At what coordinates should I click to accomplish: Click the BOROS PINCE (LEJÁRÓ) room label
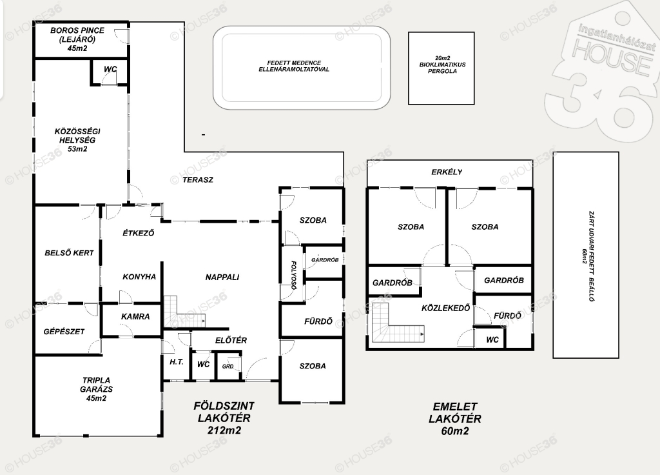point(77,35)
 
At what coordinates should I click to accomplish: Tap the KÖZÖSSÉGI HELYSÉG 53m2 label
point(77,140)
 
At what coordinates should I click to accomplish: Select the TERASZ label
point(198,179)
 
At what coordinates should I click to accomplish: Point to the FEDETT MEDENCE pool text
point(294,66)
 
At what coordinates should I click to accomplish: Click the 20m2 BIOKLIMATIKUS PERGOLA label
point(442,65)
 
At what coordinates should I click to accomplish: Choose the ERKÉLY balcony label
point(447,172)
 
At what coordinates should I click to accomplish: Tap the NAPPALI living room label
point(222,277)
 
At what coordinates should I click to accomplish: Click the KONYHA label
point(139,276)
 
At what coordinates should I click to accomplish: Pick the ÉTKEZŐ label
point(139,232)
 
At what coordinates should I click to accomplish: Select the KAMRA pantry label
point(135,316)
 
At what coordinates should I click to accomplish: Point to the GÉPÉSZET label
point(64,332)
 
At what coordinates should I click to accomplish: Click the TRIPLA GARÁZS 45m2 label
point(97,389)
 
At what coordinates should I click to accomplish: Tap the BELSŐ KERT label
point(69,253)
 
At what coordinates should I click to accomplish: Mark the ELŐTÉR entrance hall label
point(231,340)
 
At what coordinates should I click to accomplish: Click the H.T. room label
point(177,361)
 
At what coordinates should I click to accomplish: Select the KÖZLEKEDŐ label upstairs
point(446,308)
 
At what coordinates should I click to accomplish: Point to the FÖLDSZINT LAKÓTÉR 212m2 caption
point(224,418)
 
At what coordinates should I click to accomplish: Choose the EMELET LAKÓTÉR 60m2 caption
point(455,418)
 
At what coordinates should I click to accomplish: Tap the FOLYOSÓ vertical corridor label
point(294,276)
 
